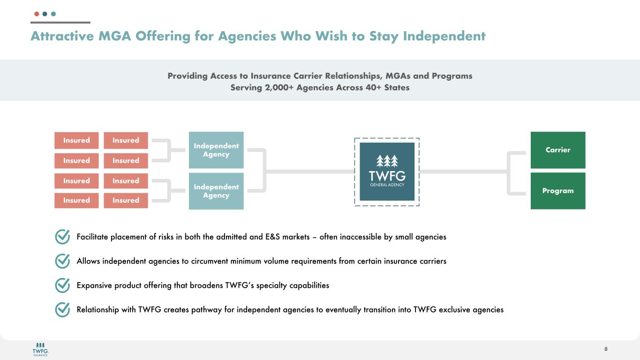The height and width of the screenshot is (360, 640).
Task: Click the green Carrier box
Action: [557, 150]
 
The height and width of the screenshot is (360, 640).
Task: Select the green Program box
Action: [557, 191]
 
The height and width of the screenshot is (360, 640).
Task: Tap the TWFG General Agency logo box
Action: [387, 172]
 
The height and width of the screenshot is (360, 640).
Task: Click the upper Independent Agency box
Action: [216, 150]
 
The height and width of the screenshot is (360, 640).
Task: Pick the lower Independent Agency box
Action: [216, 191]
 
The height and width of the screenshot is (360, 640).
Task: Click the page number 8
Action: [606, 349]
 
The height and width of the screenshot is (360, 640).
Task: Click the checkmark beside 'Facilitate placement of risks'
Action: [62, 237]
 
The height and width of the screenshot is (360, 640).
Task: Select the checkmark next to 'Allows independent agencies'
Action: [62, 261]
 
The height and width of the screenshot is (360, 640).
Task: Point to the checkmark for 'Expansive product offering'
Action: [62, 285]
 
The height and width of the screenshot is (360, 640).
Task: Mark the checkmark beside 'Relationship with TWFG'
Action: [62, 309]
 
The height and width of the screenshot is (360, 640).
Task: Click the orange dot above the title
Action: [37, 14]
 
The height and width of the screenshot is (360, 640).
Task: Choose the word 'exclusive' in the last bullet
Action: [455, 309]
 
